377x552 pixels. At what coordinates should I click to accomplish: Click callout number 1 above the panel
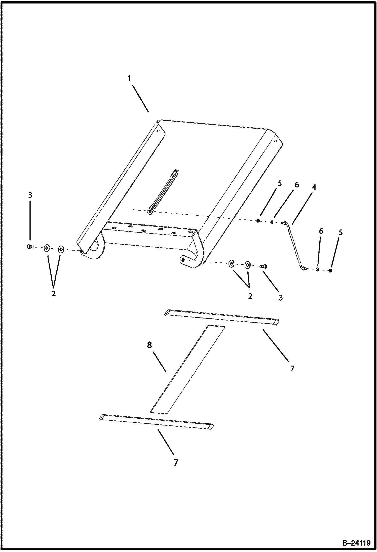[129, 78]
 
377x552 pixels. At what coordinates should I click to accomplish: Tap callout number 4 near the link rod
[314, 187]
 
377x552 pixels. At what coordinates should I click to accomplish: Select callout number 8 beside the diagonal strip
[149, 345]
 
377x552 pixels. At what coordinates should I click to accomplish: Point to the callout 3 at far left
[30, 195]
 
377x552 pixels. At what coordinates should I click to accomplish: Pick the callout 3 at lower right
[281, 298]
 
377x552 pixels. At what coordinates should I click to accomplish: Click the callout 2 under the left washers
[54, 293]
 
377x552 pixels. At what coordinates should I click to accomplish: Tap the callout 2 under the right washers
[250, 296]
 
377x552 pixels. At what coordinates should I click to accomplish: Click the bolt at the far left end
[30, 247]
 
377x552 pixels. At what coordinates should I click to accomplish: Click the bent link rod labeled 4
[294, 246]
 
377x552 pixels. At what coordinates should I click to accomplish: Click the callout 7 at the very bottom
[176, 462]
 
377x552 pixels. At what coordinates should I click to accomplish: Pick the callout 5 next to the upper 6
[280, 184]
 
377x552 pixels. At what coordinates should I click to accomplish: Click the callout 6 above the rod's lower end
[321, 231]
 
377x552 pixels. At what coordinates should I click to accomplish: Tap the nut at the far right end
[330, 270]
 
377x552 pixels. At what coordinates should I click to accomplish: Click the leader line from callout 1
[140, 98]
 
